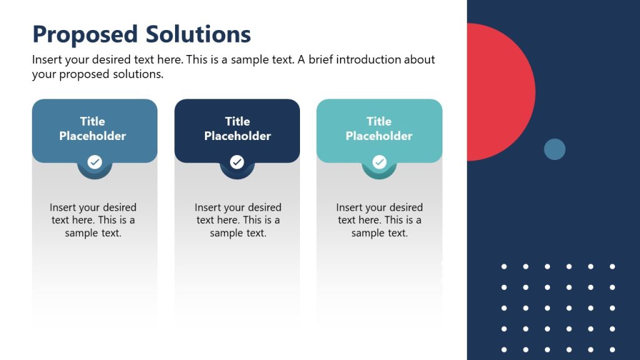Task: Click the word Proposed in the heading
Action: (84, 34)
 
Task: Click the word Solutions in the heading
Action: (198, 34)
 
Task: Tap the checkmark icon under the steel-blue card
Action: (94, 162)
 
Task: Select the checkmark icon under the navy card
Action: (237, 162)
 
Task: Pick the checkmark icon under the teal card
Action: (379, 162)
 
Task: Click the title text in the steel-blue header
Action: (92, 129)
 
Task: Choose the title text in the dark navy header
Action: (237, 129)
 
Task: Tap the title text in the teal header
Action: (379, 129)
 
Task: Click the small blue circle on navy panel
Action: (554, 149)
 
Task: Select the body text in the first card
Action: (93, 220)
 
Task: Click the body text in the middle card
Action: (238, 220)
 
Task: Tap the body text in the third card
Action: (379, 220)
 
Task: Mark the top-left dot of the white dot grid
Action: (504, 267)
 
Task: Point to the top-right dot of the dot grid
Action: (612, 267)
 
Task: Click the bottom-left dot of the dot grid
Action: (504, 349)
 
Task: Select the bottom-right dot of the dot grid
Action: (612, 349)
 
